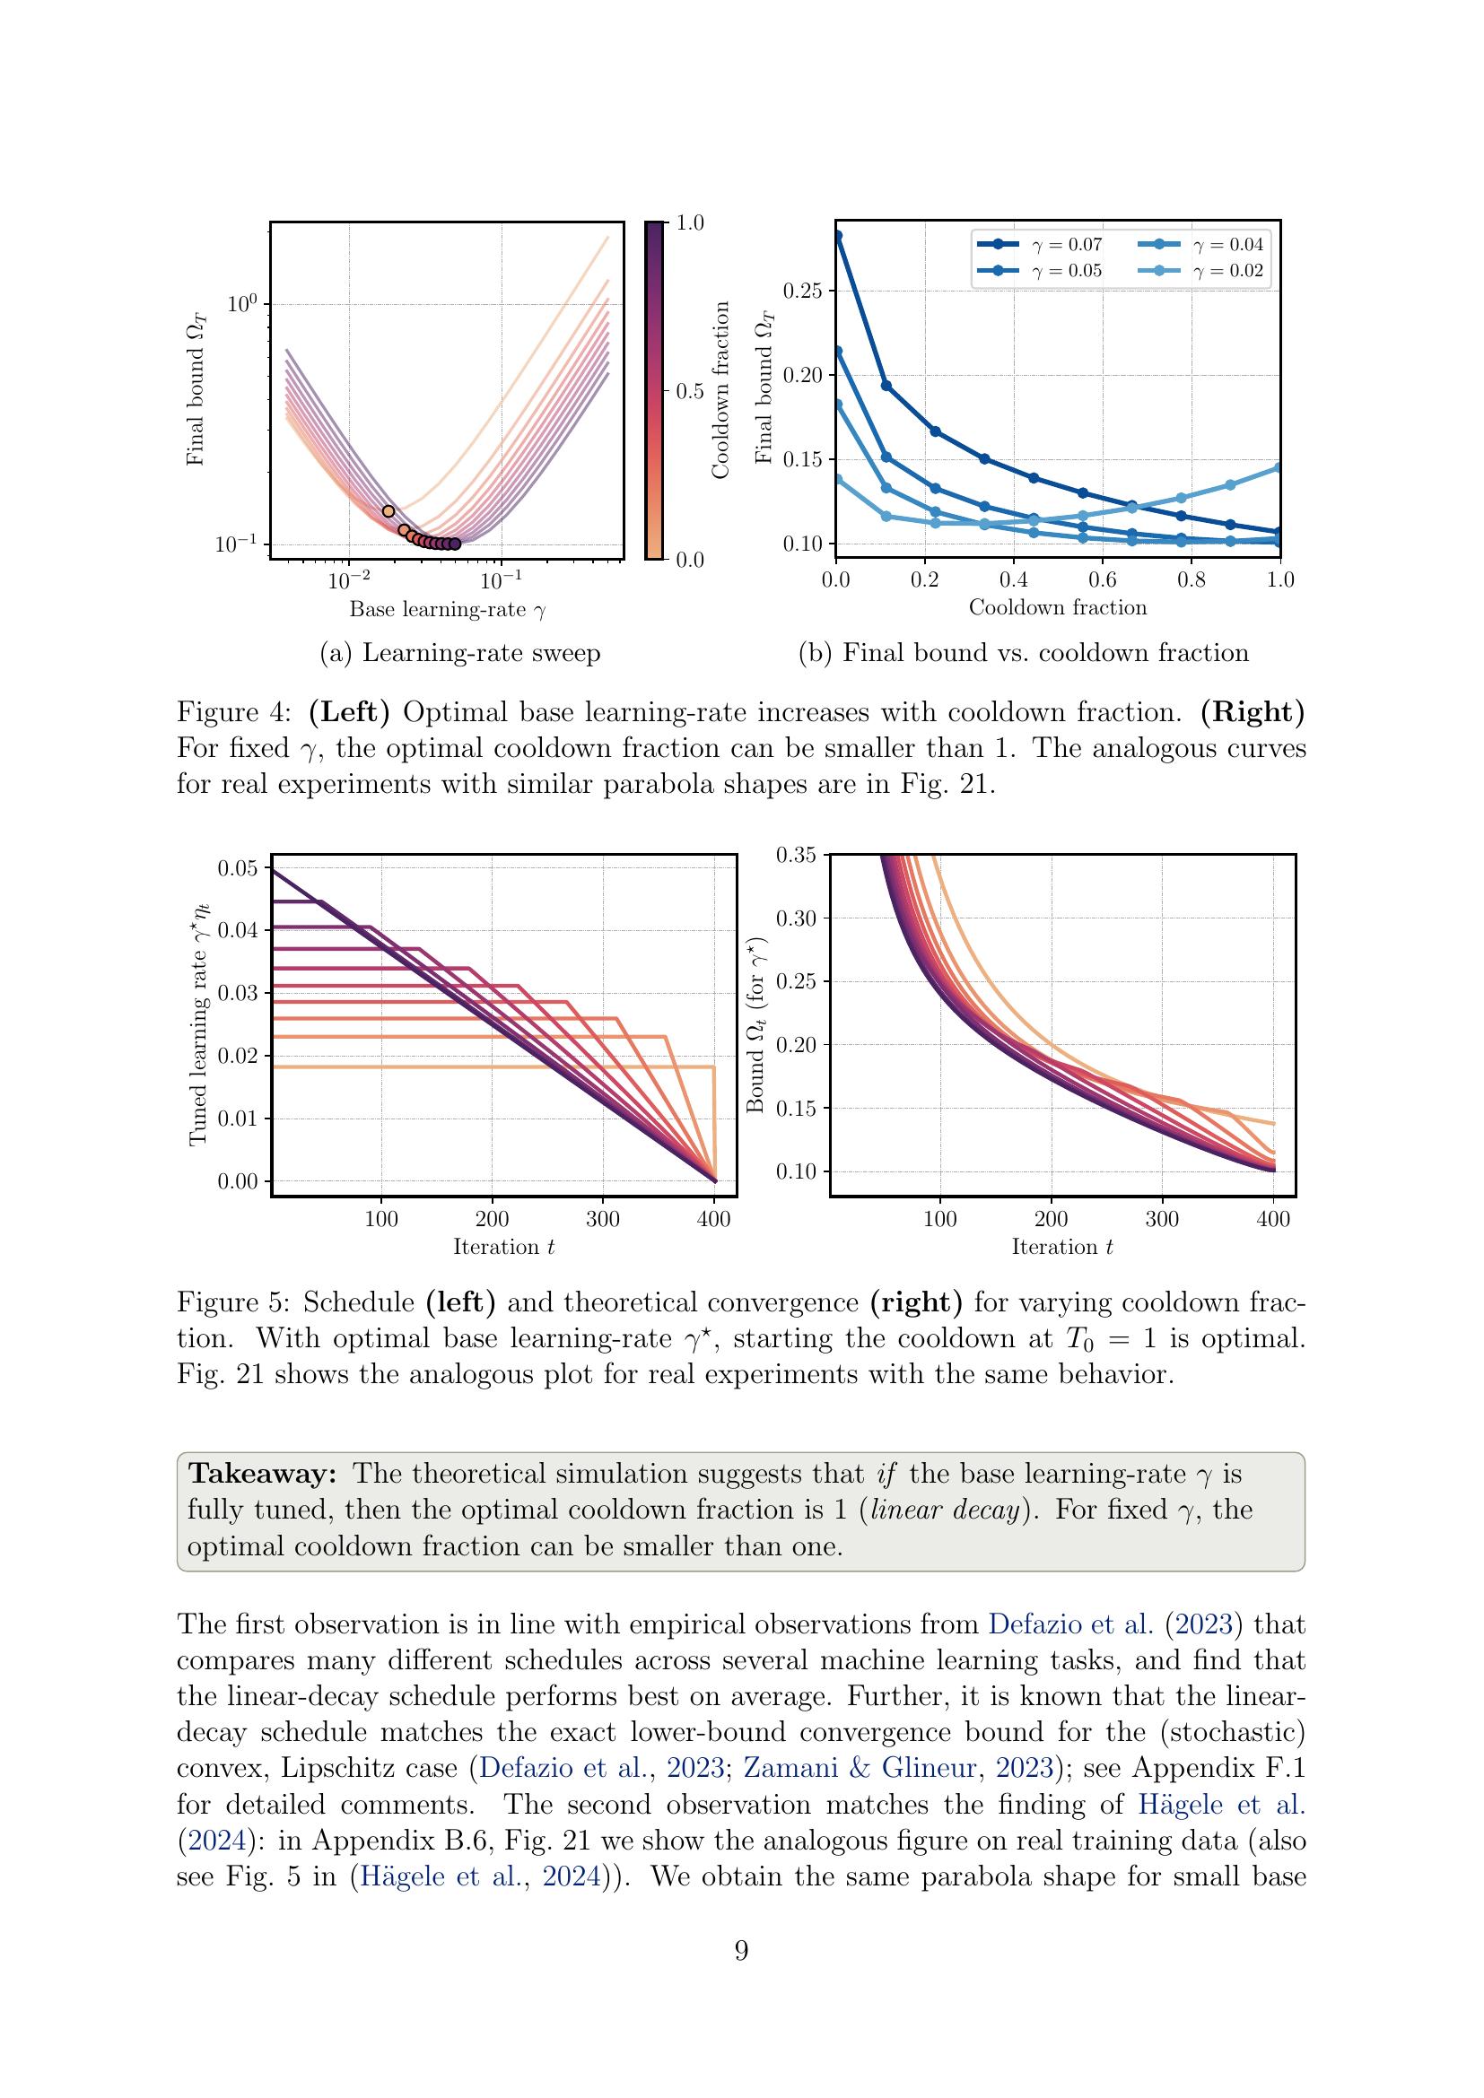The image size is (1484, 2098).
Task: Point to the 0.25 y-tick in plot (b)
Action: (803, 292)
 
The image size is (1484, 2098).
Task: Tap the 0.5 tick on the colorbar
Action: (689, 392)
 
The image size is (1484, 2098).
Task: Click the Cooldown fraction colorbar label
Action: (721, 390)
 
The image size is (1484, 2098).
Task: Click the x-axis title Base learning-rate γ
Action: (447, 609)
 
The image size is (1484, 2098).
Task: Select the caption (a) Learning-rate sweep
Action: (459, 653)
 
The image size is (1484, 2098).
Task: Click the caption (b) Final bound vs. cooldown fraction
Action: (1024, 653)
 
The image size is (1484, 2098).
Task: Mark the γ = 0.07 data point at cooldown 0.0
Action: (837, 236)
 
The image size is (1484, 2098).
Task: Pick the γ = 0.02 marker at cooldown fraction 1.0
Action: (1279, 468)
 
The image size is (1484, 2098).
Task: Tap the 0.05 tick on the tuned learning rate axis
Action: (238, 868)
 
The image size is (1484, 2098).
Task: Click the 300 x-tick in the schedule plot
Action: (603, 1220)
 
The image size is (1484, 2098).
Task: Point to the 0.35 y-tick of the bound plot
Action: (795, 856)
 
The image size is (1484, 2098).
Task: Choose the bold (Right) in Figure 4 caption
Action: (1252, 712)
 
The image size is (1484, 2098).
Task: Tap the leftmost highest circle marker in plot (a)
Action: (388, 511)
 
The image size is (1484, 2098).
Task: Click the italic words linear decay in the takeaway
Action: (945, 1510)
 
